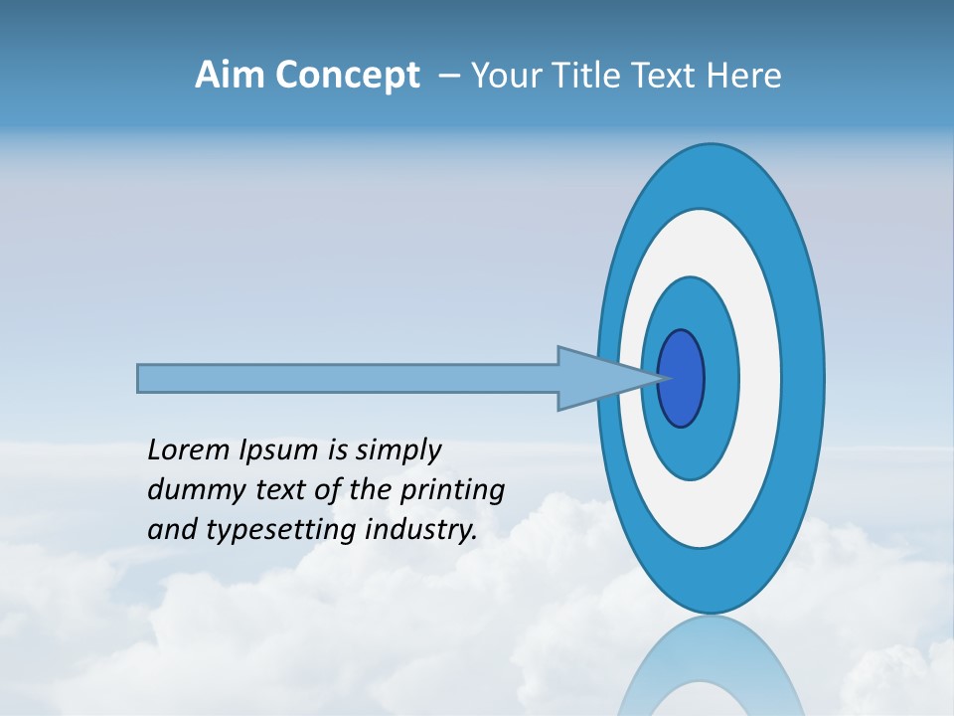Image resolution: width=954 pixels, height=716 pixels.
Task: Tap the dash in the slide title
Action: [x=448, y=76]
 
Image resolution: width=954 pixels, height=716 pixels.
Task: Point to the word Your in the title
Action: [x=505, y=76]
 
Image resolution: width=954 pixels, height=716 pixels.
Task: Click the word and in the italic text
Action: [x=172, y=530]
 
